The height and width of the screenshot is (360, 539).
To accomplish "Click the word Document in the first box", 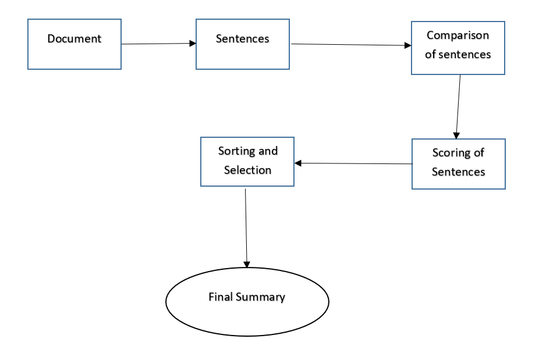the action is tap(75, 38).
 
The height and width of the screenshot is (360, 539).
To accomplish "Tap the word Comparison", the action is tap(458, 35).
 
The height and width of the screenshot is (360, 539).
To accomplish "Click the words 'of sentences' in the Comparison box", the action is tap(458, 54).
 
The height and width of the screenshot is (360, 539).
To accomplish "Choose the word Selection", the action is tap(247, 170).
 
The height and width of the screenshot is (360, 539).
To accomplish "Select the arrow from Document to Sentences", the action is tap(158, 44).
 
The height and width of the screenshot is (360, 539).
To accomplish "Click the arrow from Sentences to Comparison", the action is tap(351, 45).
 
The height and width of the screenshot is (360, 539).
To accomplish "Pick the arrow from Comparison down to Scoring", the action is tap(458, 106).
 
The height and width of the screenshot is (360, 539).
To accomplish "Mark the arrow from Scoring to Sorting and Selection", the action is tap(353, 163).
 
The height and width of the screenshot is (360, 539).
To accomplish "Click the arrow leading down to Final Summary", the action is tap(246, 228).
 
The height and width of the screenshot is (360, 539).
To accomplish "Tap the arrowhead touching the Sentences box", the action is tap(193, 44).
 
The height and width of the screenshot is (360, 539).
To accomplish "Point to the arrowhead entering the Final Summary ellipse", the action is tap(247, 265).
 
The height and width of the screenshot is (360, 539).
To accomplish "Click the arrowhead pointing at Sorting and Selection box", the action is tap(298, 163).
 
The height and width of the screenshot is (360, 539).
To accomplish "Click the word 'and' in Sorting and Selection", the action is tap(268, 151).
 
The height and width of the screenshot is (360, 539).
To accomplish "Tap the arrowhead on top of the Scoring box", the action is tap(456, 136).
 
